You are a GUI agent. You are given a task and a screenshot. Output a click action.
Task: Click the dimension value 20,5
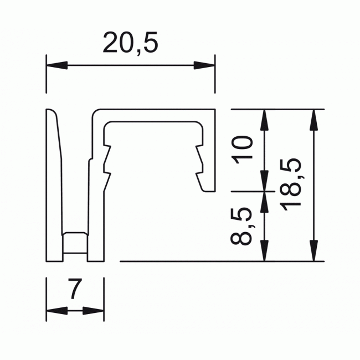point(131,43)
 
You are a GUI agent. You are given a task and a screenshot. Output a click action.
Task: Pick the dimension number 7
point(75,290)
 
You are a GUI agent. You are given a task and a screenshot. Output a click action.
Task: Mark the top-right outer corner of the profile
point(214,109)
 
